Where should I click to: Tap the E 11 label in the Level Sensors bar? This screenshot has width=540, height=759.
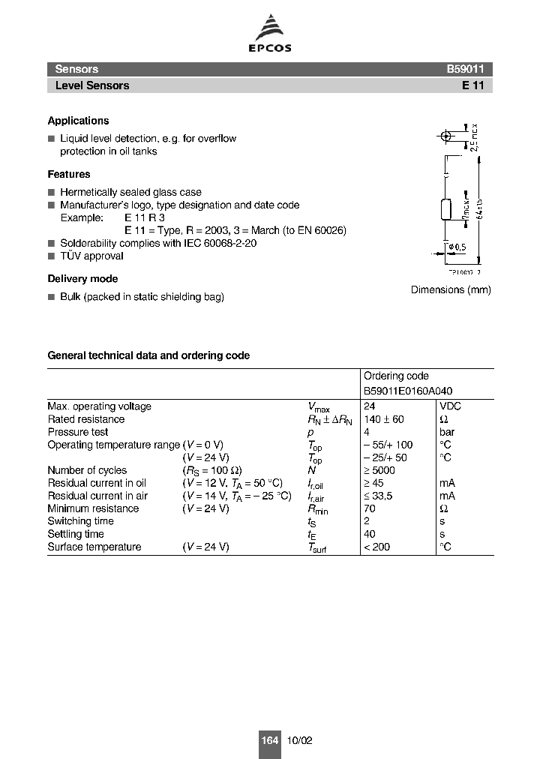click(477, 85)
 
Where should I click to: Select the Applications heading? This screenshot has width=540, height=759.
click(78, 121)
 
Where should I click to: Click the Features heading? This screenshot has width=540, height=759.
click(69, 174)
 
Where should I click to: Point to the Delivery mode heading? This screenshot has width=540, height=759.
click(82, 279)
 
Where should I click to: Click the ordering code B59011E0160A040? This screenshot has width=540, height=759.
click(408, 391)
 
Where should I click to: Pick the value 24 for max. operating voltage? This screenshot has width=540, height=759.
click(369, 406)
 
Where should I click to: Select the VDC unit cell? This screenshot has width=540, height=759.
click(451, 406)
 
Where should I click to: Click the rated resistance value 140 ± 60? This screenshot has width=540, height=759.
click(384, 419)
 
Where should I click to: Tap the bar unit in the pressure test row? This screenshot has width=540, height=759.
click(447, 432)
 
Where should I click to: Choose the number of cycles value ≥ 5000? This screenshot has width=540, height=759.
click(379, 470)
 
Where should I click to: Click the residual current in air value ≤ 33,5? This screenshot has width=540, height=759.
click(378, 496)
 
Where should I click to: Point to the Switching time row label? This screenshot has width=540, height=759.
click(80, 521)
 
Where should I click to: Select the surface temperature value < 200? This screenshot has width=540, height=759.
click(377, 547)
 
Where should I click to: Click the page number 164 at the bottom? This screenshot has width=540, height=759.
click(269, 740)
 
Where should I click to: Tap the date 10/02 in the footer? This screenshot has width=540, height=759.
click(299, 740)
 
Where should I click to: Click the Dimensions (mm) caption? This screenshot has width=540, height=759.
click(451, 290)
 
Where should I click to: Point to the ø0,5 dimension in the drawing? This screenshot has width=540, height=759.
click(457, 247)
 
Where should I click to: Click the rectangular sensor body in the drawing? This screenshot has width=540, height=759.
click(446, 209)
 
